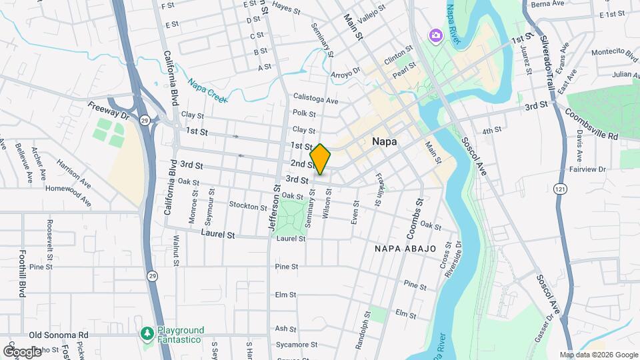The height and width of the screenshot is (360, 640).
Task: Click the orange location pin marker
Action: point(321,159)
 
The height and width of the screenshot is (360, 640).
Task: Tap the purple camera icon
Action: point(435,35)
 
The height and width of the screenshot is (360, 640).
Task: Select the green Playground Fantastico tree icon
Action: point(147,332)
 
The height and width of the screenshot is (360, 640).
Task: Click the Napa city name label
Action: point(384,142)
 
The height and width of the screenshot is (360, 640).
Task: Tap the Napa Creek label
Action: point(207,91)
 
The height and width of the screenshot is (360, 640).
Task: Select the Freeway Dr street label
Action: point(107,110)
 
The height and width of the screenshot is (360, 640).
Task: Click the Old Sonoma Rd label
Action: point(58,335)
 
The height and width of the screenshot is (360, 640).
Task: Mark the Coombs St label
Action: point(415,218)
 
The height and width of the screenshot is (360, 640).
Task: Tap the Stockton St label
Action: point(247,206)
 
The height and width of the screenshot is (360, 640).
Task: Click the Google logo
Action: point(22,351)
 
